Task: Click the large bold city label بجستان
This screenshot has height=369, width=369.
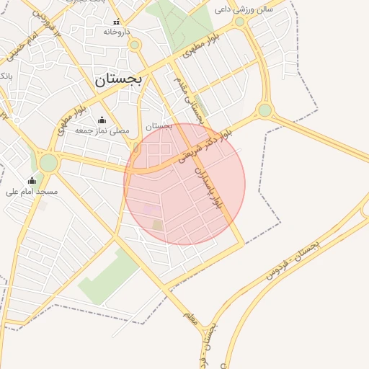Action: [120, 79]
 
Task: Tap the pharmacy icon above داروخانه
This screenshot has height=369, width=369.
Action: [117, 22]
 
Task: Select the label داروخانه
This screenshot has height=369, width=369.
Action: [117, 32]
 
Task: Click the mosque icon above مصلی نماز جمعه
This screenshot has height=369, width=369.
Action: [102, 120]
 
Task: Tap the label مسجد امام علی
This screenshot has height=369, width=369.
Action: [32, 192]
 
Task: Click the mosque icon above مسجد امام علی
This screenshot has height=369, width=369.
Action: [32, 180]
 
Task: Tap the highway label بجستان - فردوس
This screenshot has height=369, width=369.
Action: [293, 259]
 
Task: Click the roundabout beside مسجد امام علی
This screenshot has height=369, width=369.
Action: [48, 163]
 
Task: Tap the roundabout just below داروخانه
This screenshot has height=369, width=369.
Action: [134, 45]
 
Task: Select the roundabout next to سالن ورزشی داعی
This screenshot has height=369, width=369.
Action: [240, 22]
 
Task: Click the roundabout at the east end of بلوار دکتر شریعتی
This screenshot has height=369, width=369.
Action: [265, 110]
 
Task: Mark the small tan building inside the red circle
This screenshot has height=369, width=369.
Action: [158, 225]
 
